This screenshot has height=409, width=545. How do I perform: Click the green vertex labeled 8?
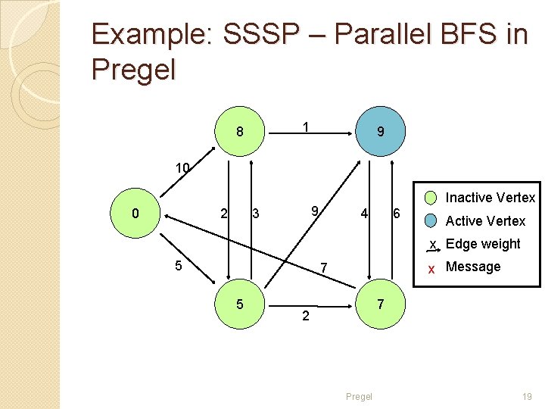(239, 132)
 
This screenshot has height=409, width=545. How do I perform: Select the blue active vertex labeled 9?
(380, 132)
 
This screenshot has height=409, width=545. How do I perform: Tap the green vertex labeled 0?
(135, 214)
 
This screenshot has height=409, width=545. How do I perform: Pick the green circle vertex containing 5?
(239, 304)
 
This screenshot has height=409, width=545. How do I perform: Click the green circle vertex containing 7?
(380, 304)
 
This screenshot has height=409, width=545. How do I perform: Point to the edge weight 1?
(304, 127)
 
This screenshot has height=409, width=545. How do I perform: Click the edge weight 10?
(182, 167)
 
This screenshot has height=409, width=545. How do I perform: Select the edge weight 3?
(256, 214)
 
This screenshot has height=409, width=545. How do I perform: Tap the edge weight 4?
(364, 214)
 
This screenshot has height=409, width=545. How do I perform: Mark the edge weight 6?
(396, 214)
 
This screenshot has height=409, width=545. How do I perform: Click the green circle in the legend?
(431, 198)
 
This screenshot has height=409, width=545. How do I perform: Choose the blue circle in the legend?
(431, 221)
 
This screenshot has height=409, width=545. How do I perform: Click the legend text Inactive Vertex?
(490, 198)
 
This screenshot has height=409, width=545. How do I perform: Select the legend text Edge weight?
(483, 244)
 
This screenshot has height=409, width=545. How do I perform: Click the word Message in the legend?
(473, 267)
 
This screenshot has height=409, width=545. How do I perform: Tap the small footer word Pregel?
(359, 396)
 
